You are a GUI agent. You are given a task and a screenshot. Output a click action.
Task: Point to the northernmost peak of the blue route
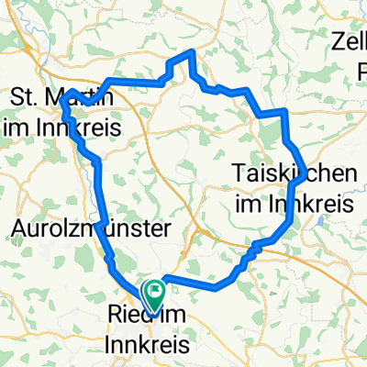point(190,52)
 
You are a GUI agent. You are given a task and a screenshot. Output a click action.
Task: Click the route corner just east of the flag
point(165,279)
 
